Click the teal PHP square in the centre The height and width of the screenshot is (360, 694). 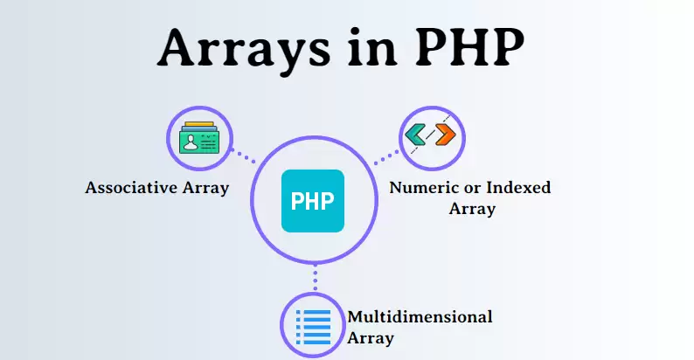pyautogui.click(x=313, y=201)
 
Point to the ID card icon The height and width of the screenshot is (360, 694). pyautogui.click(x=200, y=140)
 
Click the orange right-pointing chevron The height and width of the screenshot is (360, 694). pyautogui.click(x=445, y=135)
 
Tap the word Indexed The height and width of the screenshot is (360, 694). pyautogui.click(x=517, y=187)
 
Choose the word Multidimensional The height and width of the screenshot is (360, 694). pyautogui.click(x=420, y=316)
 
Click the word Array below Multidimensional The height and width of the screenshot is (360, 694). pyautogui.click(x=371, y=337)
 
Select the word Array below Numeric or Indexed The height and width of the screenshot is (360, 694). pyautogui.click(x=472, y=209)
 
